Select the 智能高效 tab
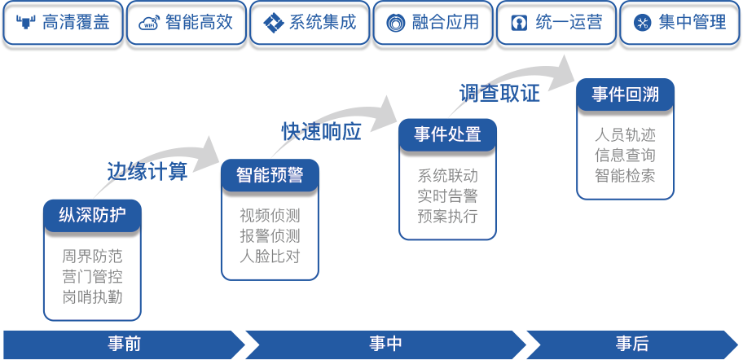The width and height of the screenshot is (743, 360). click(186, 23)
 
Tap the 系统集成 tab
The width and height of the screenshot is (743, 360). click(310, 23)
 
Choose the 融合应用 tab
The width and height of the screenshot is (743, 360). click(433, 23)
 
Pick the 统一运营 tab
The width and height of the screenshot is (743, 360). click(556, 23)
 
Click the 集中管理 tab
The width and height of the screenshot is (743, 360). click(679, 23)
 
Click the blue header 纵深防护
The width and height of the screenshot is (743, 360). click(91, 216)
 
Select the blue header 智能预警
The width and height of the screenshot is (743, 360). click(270, 175)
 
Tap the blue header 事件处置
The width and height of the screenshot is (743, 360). click(447, 134)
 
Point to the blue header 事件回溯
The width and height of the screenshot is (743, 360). click(625, 94)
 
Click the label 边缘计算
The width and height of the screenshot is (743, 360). click(147, 171)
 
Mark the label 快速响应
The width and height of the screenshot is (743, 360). click(322, 132)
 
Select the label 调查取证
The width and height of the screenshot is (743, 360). click(499, 93)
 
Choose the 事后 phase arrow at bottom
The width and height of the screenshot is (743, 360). click(632, 344)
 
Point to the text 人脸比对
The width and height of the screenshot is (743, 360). click(270, 257)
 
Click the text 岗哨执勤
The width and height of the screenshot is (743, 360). click(92, 296)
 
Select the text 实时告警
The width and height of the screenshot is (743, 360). click(447, 196)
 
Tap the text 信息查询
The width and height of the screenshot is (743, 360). click(625, 155)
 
